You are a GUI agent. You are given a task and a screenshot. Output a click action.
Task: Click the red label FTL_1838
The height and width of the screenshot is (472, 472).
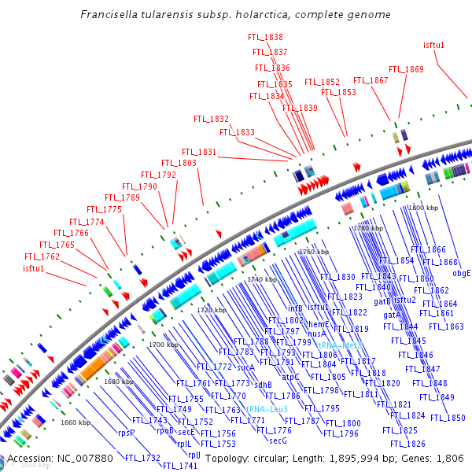(x=265, y=37)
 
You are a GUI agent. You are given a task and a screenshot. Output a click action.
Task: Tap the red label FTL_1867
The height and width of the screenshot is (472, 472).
(x=371, y=80)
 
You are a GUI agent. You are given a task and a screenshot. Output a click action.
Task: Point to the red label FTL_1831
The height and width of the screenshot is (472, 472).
(x=199, y=152)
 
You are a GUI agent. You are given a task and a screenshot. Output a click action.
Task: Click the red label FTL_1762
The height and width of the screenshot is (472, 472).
(x=42, y=256)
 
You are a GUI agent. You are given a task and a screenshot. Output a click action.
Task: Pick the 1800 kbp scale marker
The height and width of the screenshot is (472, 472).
(x=422, y=208)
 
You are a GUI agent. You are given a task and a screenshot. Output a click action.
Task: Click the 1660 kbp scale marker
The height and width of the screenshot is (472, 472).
(x=76, y=422)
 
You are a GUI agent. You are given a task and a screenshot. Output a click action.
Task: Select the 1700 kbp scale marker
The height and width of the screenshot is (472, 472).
(x=164, y=345)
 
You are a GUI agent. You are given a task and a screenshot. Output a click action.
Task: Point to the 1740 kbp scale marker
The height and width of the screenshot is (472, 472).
(x=262, y=279)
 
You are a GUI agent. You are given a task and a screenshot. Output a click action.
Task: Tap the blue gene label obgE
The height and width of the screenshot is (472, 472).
(x=462, y=273)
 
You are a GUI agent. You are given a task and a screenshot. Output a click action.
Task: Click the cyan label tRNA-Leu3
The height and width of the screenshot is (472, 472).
(x=267, y=409)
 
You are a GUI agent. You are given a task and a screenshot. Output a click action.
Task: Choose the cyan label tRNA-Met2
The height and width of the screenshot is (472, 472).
(x=340, y=345)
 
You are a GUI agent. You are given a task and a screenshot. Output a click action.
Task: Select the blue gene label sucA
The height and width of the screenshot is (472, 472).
(x=245, y=367)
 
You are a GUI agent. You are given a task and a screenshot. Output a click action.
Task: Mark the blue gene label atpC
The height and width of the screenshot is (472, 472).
(x=291, y=377)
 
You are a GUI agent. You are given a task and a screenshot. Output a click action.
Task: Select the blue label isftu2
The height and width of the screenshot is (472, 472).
(x=404, y=300)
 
